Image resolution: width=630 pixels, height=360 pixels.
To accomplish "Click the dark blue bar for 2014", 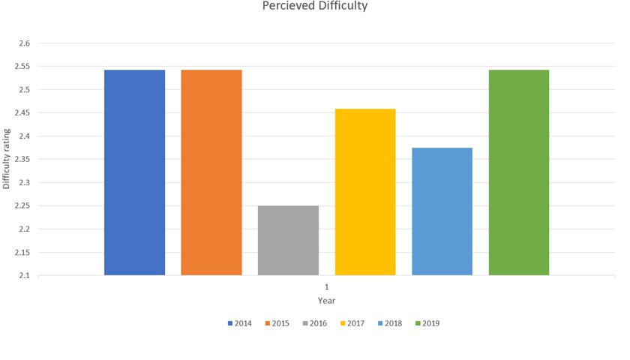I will pyautogui.click(x=134, y=172).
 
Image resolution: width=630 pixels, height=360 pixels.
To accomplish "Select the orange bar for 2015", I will pyautogui.click(x=211, y=172).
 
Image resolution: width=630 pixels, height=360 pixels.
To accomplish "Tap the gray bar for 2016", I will pyautogui.click(x=288, y=240).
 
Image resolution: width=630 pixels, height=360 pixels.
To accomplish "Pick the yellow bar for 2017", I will pyautogui.click(x=365, y=192).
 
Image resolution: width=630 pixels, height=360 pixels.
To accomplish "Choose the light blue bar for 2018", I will pyautogui.click(x=442, y=211).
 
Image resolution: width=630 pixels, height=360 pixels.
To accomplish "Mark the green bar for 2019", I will pyautogui.click(x=519, y=172).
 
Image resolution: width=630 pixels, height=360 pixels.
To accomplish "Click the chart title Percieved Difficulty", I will pyautogui.click(x=315, y=7).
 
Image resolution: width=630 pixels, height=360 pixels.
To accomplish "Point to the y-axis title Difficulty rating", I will pyautogui.click(x=7, y=160).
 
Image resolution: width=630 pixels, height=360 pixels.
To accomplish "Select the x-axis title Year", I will pyautogui.click(x=326, y=301).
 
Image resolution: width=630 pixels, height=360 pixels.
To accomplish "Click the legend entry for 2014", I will pyautogui.click(x=240, y=324).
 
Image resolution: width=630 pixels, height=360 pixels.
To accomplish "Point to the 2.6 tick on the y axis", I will pyautogui.click(x=24, y=43).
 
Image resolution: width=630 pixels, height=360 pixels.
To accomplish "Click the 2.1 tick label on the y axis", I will pyautogui.click(x=24, y=275).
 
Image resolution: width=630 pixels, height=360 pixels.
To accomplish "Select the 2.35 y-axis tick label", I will pyautogui.click(x=22, y=160).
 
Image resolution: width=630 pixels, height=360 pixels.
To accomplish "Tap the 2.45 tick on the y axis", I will pyautogui.click(x=22, y=113).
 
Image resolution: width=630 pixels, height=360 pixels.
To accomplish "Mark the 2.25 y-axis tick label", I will pyautogui.click(x=22, y=206).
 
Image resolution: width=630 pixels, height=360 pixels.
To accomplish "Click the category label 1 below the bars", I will pyautogui.click(x=326, y=287).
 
